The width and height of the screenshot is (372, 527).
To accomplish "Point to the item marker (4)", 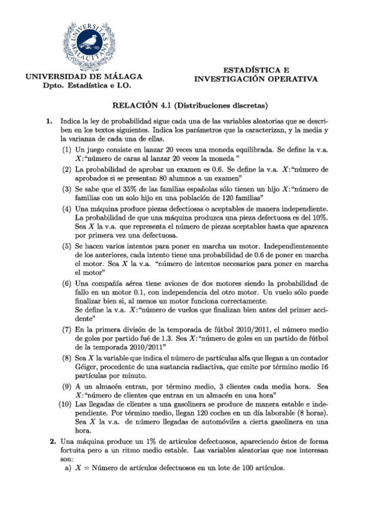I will tap(66, 210).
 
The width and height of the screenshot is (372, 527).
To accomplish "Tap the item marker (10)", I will tap(64, 405).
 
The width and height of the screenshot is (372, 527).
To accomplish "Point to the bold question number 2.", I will tap(53, 441).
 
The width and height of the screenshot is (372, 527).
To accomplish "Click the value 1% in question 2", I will tap(132, 441).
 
